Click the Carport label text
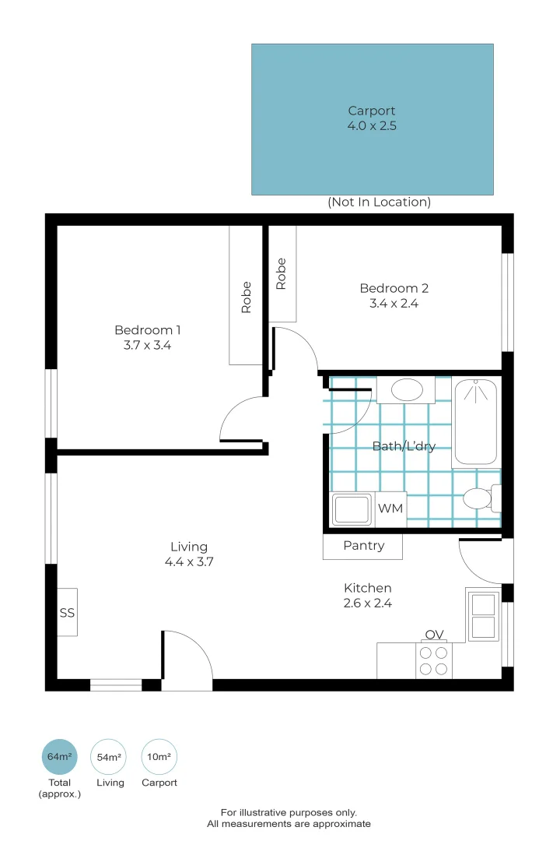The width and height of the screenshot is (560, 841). [372, 111]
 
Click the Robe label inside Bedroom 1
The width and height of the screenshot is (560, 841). [247, 297]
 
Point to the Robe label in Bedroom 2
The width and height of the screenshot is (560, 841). [282, 274]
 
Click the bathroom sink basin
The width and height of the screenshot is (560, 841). [406, 389]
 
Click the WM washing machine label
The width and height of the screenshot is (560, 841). [390, 509]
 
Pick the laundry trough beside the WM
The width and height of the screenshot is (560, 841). [353, 510]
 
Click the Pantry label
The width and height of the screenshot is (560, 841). [363, 546]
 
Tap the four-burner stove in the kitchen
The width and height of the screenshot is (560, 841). [433, 661]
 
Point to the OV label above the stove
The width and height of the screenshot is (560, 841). [433, 635]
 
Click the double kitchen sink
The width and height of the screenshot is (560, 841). [483, 614]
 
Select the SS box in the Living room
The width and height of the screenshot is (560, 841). [67, 613]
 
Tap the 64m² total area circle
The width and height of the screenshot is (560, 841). [59, 757]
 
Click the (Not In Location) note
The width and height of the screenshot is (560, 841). [379, 202]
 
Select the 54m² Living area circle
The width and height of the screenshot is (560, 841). [109, 757]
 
